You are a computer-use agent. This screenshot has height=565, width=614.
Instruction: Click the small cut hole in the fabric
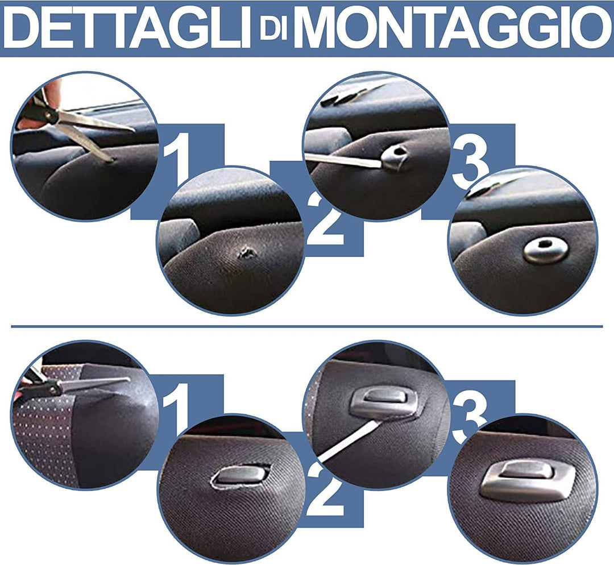click(246, 252)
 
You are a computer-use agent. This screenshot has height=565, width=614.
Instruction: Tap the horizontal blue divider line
click(307, 327)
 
